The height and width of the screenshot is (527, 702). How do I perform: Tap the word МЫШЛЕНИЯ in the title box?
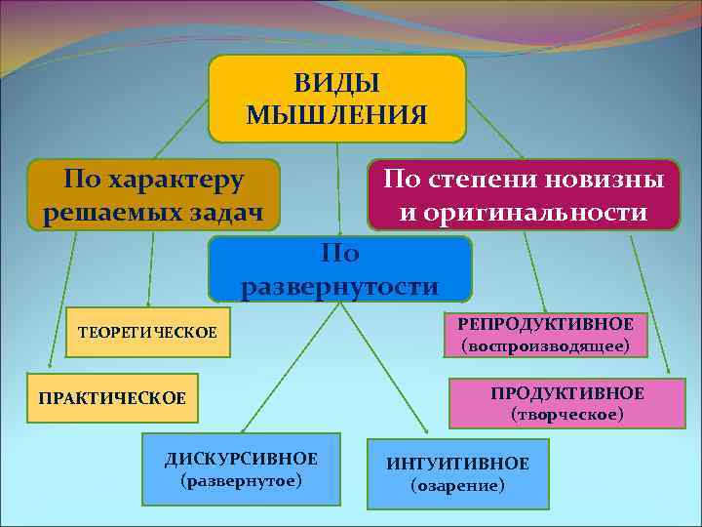(x=336, y=116)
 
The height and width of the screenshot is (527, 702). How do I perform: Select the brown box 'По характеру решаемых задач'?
(x=153, y=195)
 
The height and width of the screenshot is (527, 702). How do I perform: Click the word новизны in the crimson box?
(x=605, y=180)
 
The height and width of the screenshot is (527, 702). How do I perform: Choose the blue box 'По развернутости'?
(x=340, y=269)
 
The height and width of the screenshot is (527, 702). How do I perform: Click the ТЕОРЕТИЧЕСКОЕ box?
(x=147, y=335)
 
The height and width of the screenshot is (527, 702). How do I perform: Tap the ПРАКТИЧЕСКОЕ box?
(x=111, y=398)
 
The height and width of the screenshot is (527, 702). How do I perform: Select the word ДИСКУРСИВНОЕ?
(x=241, y=459)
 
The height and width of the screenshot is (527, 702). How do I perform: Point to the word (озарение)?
(x=457, y=485)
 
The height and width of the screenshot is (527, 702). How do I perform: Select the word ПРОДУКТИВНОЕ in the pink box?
(x=566, y=393)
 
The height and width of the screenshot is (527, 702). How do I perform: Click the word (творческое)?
(x=566, y=415)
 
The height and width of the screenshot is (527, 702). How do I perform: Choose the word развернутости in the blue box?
(x=340, y=286)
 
